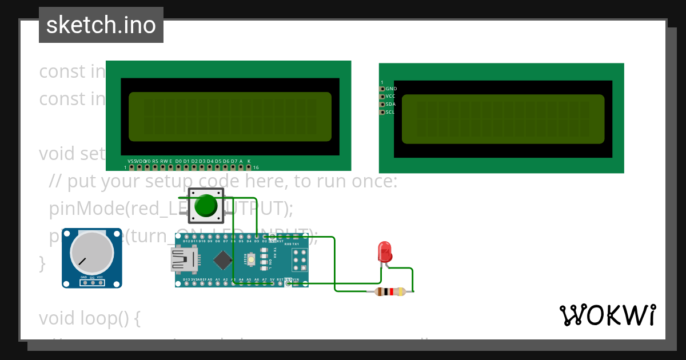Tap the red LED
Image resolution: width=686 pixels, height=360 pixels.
[x=385, y=251]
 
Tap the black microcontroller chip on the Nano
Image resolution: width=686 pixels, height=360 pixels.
[x=222, y=261]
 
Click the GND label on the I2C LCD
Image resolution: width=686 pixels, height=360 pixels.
[x=391, y=89]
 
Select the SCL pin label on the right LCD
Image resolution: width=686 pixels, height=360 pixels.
[x=390, y=113]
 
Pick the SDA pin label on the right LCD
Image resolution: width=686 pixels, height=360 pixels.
[x=390, y=105]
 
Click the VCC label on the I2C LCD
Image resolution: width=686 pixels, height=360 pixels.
[x=390, y=97]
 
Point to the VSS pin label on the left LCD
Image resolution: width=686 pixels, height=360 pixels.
[x=131, y=161]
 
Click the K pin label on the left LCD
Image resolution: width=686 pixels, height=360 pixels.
[x=249, y=161]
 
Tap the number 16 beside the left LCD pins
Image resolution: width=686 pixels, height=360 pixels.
[x=256, y=168]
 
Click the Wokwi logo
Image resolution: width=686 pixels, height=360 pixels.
[x=608, y=315]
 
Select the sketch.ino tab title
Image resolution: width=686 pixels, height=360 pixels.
[x=101, y=25]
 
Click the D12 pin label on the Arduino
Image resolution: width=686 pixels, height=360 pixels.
[x=186, y=242]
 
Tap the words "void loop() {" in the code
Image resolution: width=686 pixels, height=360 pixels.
[x=90, y=318]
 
